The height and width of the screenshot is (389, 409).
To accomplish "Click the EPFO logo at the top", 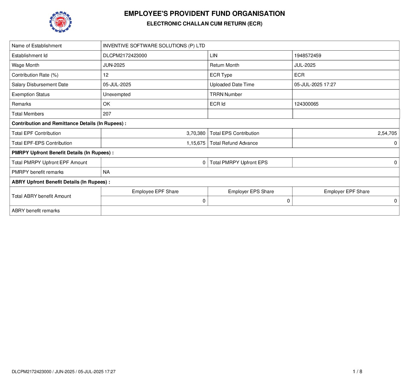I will click(x=60, y=22).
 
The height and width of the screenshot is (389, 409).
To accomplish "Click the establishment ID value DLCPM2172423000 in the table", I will click(x=125, y=56).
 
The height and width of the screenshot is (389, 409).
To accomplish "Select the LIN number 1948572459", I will click(x=308, y=56).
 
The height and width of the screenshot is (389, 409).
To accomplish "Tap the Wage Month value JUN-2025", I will click(x=114, y=65).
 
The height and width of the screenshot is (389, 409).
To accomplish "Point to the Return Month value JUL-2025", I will click(x=305, y=65).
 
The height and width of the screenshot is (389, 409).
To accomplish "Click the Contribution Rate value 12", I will click(x=106, y=75).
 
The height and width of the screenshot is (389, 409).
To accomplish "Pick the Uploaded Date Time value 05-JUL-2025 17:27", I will click(x=315, y=85).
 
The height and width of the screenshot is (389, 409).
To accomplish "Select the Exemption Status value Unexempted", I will click(x=117, y=94).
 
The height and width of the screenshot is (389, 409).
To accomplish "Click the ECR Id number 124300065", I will click(x=306, y=104).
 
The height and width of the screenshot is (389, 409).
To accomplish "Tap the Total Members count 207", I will click(x=107, y=114).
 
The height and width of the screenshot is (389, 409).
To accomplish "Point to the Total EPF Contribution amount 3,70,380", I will click(x=196, y=133).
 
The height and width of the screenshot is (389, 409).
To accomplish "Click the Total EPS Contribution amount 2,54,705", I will click(x=387, y=133).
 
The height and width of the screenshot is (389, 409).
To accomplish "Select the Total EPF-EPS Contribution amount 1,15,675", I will click(x=196, y=143).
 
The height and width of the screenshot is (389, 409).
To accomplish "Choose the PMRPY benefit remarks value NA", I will click(x=106, y=172).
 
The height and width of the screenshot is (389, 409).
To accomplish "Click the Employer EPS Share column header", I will click(x=251, y=191).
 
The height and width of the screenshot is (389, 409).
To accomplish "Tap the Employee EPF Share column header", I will click(x=155, y=191).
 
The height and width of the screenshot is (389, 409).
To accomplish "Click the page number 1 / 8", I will click(x=357, y=371).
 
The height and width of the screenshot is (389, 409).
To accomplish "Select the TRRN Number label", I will click(x=226, y=94).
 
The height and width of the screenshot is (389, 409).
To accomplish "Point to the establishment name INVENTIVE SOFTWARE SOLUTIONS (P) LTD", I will click(x=154, y=46).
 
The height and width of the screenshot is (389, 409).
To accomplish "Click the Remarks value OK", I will click(x=107, y=104).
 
